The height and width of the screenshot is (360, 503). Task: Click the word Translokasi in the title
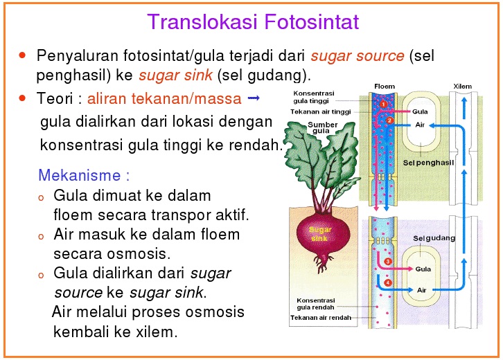[x=203, y=23]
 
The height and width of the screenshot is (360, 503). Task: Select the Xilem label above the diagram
[x=463, y=87]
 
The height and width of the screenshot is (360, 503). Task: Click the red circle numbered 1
[x=382, y=104]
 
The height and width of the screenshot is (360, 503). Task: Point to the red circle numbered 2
[x=390, y=120]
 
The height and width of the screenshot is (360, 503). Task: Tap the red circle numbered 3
[x=389, y=261]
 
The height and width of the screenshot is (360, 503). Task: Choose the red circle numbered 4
[x=388, y=282]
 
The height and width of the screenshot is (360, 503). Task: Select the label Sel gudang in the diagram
[x=434, y=238]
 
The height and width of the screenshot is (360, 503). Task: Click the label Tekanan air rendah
[x=320, y=318]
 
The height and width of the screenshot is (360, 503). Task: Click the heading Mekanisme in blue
[x=84, y=174]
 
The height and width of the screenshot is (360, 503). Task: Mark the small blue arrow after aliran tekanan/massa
[x=253, y=99]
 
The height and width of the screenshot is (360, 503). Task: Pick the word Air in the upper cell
[x=420, y=125]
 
